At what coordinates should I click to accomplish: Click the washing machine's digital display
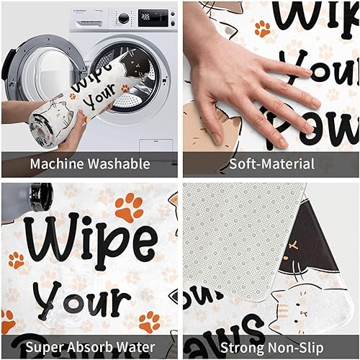pyautogui.click(x=148, y=16)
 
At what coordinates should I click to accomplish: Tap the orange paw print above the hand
pyautogui.click(x=263, y=29)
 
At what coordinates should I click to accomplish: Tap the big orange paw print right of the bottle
pyautogui.click(x=128, y=207)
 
